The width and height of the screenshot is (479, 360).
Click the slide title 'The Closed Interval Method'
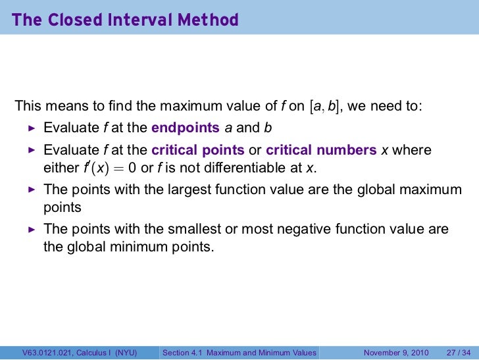pyautogui.click(x=125, y=20)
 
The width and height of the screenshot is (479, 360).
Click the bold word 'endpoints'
pyautogui.click(x=184, y=128)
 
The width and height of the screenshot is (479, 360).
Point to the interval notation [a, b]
pyautogui.click(x=325, y=106)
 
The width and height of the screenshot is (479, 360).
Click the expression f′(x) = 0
pyautogui.click(x=109, y=168)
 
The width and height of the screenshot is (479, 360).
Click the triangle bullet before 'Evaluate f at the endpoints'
pyautogui.click(x=30, y=128)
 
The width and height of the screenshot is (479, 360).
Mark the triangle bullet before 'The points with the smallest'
pyautogui.click(x=30, y=230)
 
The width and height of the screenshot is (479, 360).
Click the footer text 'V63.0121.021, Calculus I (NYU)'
pyautogui.click(x=79, y=353)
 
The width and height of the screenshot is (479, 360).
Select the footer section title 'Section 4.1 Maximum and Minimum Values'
pyautogui.click(x=239, y=353)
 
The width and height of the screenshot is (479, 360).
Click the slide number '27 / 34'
pyautogui.click(x=457, y=353)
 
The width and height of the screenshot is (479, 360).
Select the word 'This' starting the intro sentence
pyautogui.click(x=27, y=106)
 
